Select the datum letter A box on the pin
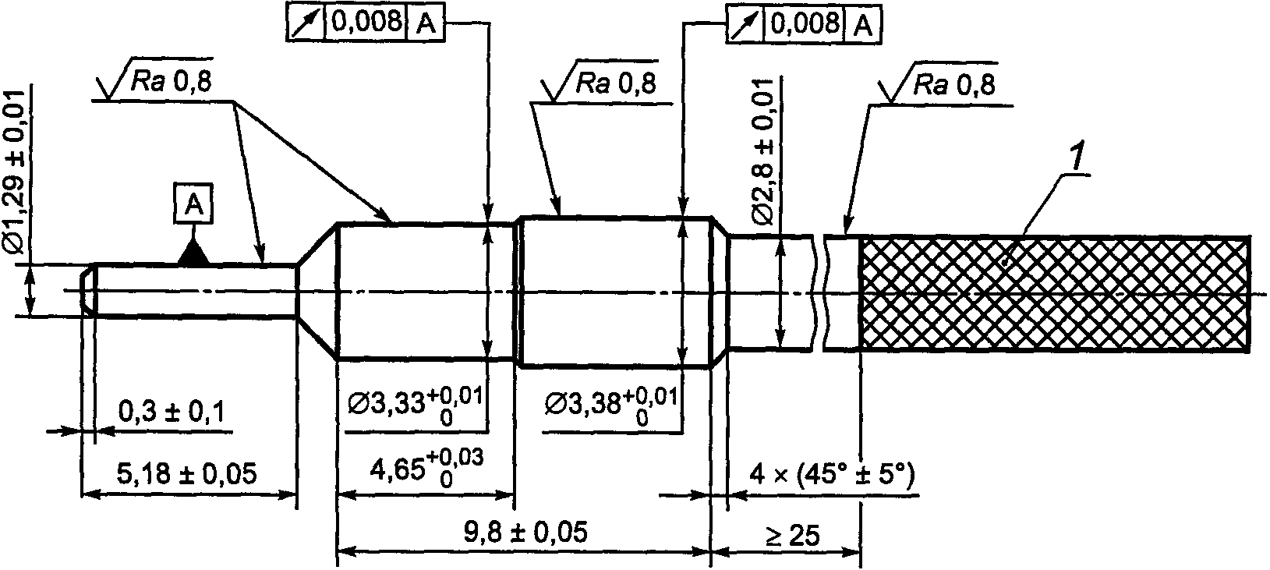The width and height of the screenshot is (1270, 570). [x=194, y=203]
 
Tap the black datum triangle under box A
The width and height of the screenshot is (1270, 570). [x=194, y=253]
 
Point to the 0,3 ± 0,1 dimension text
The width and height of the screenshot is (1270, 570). [x=172, y=412]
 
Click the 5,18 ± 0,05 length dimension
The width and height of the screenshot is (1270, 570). [x=186, y=473]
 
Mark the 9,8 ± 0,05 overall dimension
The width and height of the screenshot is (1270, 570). [x=525, y=532]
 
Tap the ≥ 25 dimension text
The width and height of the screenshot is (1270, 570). [x=792, y=536]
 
